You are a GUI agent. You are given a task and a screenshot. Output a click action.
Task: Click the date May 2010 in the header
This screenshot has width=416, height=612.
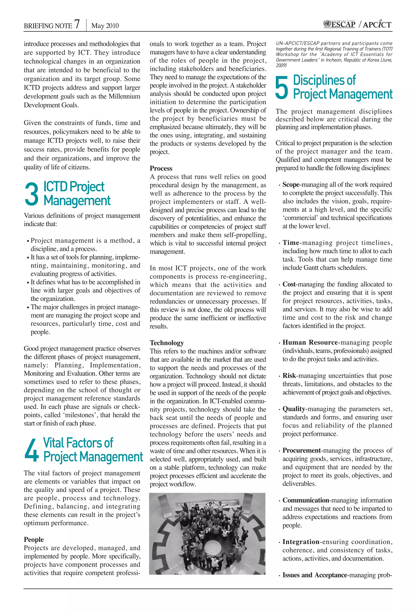point(105,26)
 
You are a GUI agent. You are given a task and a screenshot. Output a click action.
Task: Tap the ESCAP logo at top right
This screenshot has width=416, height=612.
point(339,24)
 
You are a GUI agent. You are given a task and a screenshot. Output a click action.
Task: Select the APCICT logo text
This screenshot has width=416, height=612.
point(377,25)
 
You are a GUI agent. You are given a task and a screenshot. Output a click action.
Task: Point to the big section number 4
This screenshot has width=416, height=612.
point(31,450)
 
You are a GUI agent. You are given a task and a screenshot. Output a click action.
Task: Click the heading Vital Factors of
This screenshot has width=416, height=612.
point(78,443)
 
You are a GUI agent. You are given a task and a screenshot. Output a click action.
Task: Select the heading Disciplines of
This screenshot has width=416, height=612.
point(324,80)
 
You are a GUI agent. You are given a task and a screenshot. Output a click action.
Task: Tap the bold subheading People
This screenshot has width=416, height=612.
point(34,539)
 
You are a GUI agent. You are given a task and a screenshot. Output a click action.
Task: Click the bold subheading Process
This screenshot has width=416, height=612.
point(161,168)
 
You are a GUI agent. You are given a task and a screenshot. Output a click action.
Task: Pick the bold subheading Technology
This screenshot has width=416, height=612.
point(167,343)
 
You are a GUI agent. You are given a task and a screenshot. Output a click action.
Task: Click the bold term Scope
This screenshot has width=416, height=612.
point(291,184)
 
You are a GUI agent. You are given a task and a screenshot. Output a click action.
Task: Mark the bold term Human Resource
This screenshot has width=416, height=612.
point(310,342)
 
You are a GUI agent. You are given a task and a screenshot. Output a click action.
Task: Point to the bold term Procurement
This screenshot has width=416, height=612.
point(302,450)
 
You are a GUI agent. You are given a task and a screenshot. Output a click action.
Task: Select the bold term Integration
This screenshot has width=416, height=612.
point(301,542)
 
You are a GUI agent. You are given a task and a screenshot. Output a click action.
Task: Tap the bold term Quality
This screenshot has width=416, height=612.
point(294,409)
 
